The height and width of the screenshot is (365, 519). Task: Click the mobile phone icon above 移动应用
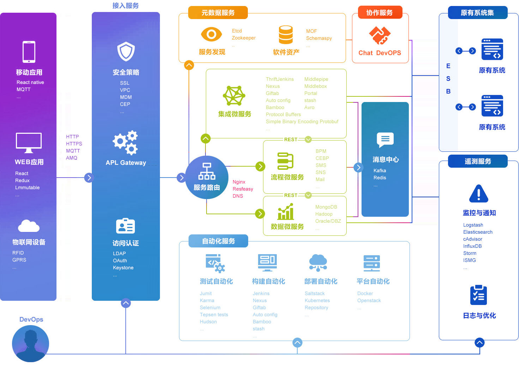click(x=29, y=52)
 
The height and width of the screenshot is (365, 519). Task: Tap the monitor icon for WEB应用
click(x=29, y=142)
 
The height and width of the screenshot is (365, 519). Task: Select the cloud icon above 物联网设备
click(x=29, y=226)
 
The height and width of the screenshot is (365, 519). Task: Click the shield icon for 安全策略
click(x=126, y=52)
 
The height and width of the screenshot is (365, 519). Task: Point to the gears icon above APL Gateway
click(x=126, y=142)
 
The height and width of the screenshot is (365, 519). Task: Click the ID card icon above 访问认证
click(x=126, y=226)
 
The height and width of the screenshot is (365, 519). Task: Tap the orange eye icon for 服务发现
click(x=211, y=34)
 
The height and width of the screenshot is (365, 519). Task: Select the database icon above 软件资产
click(x=286, y=35)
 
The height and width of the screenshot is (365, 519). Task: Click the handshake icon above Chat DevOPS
click(x=380, y=35)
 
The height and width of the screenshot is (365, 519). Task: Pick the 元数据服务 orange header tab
click(x=218, y=13)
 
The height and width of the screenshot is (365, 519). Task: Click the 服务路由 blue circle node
click(x=207, y=177)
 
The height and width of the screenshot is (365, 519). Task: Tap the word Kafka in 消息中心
click(x=380, y=170)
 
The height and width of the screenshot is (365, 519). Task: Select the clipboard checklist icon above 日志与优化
click(x=479, y=295)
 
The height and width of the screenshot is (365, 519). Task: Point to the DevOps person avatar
click(x=30, y=343)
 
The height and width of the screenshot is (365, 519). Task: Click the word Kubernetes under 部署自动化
click(x=317, y=300)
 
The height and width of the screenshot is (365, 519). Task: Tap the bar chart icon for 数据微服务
click(x=286, y=211)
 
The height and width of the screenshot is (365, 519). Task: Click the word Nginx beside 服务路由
click(x=239, y=182)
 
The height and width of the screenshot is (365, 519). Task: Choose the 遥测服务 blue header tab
click(x=478, y=161)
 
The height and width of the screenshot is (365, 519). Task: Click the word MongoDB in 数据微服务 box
click(x=326, y=207)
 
